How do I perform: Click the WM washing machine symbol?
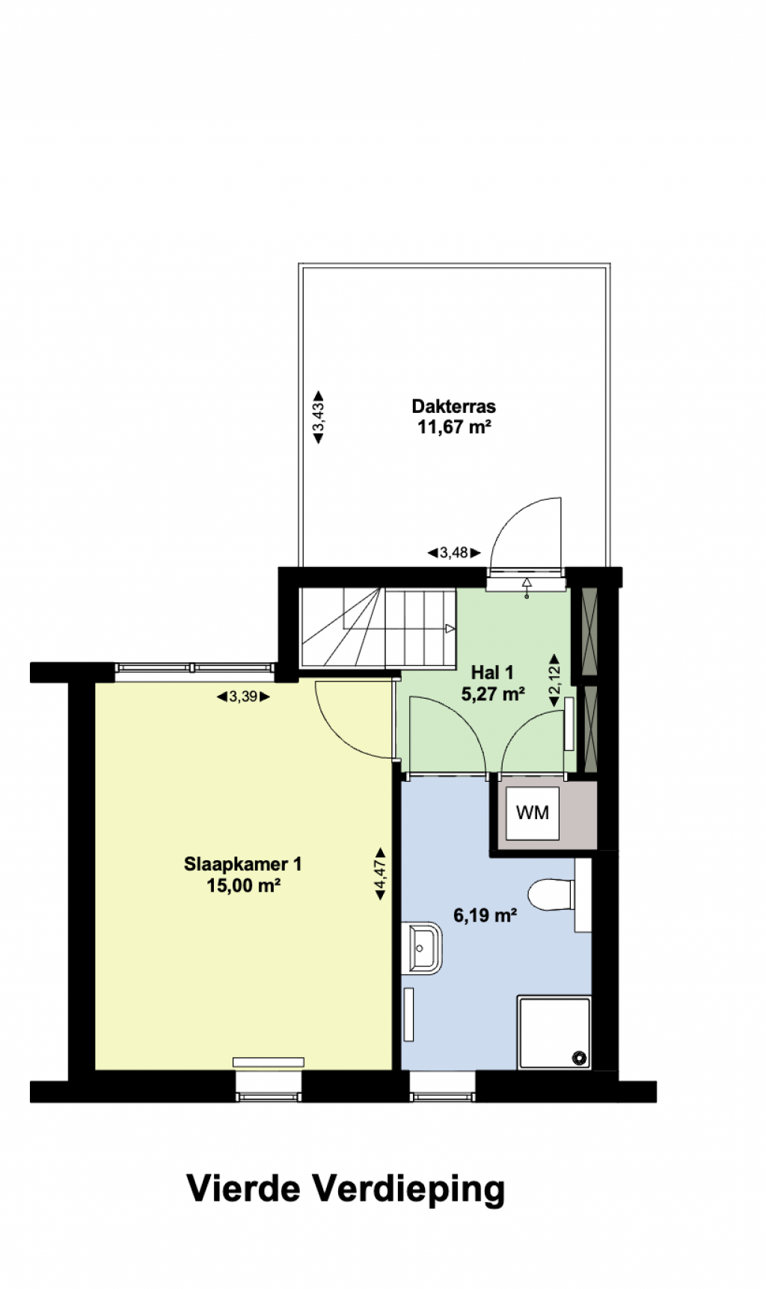coord(533,812)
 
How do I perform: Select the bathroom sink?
coord(422,949)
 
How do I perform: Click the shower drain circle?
coord(579,1058)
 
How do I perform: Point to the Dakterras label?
coord(454,406)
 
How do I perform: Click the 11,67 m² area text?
coord(454,427)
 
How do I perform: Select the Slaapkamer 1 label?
coord(243,864)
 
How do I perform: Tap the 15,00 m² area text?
coord(243,886)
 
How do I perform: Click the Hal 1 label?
coord(492,673)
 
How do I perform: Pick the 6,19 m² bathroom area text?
coord(485,915)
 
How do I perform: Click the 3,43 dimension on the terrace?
coord(318,417)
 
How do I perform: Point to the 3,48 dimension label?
coord(454,553)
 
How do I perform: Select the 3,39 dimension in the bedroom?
coord(243,696)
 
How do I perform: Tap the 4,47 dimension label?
coord(380,874)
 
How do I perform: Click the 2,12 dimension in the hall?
coord(554,680)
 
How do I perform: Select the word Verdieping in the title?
coord(408,1190)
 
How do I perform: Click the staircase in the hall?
coord(378,628)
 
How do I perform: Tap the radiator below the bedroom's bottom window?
coord(268,1062)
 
